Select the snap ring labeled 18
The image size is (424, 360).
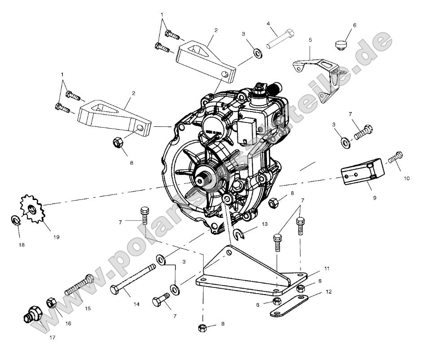pyautogui.click(x=15, y=220)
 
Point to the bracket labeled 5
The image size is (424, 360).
pyautogui.click(x=317, y=67)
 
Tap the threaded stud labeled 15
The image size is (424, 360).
pyautogui.click(x=79, y=286)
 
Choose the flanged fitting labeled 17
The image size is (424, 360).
pyautogui.click(x=33, y=314)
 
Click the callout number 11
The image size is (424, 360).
pyautogui.click(x=327, y=269)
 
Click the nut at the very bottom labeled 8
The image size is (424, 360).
pyautogui.click(x=202, y=328)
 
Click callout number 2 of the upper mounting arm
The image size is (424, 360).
pyautogui.click(x=216, y=30)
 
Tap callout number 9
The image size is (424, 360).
pyautogui.click(x=374, y=197)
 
